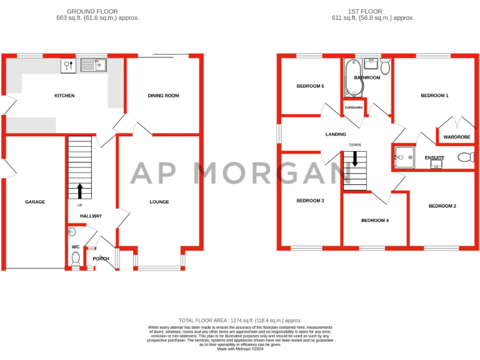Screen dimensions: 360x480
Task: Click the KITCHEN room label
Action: point(64,96)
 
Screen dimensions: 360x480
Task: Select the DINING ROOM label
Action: point(163,96)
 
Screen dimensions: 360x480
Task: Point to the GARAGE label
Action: point(35,202)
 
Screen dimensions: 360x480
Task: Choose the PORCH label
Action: point(101,259)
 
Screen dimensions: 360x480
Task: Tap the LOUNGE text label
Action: point(159,202)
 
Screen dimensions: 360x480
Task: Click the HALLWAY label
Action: point(91,216)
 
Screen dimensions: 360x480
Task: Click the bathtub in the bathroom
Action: point(349,78)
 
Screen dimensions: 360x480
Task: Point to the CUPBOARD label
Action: point(354,107)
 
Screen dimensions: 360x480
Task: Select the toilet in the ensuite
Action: point(465,157)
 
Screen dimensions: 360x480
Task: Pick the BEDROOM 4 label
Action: point(375,221)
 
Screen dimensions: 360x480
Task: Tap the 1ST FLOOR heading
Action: point(372,11)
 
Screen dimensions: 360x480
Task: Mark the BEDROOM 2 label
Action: point(442,206)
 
